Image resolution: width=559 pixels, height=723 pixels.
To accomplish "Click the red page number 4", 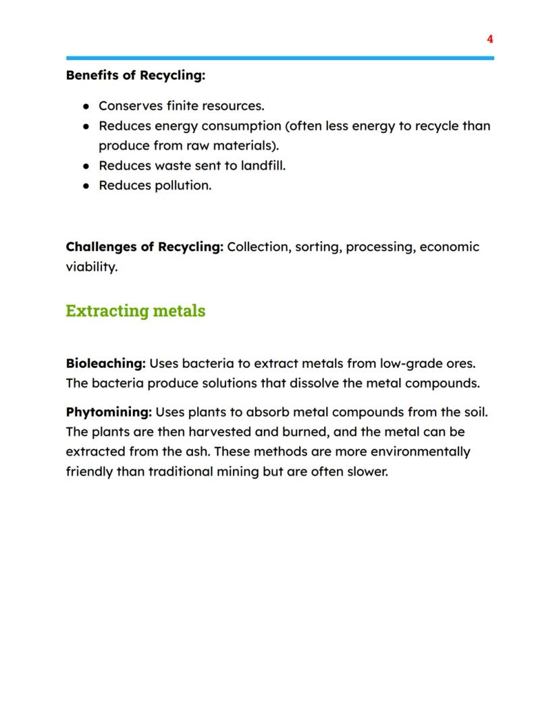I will coord(489,39).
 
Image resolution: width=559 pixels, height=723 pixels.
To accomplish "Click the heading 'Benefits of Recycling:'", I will coord(135,76).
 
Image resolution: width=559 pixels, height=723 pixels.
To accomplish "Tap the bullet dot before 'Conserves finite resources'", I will coord(86,106).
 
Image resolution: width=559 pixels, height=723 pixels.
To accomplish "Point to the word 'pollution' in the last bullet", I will coord(183,185).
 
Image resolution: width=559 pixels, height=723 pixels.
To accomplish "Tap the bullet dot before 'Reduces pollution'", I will coord(86,185).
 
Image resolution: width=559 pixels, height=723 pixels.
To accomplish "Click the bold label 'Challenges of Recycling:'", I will coord(144,247).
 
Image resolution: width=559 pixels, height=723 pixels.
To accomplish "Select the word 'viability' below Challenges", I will coord(90,267).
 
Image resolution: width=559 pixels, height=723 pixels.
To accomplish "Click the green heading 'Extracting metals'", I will coord(135,311).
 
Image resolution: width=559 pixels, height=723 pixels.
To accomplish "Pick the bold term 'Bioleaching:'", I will coord(105,363).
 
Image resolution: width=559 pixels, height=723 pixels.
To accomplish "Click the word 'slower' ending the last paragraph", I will coord(369,471).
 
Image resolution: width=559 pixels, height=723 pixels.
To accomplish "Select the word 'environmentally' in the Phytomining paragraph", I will coord(426,451).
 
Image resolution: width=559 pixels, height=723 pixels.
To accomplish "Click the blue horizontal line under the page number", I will coord(279,58).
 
